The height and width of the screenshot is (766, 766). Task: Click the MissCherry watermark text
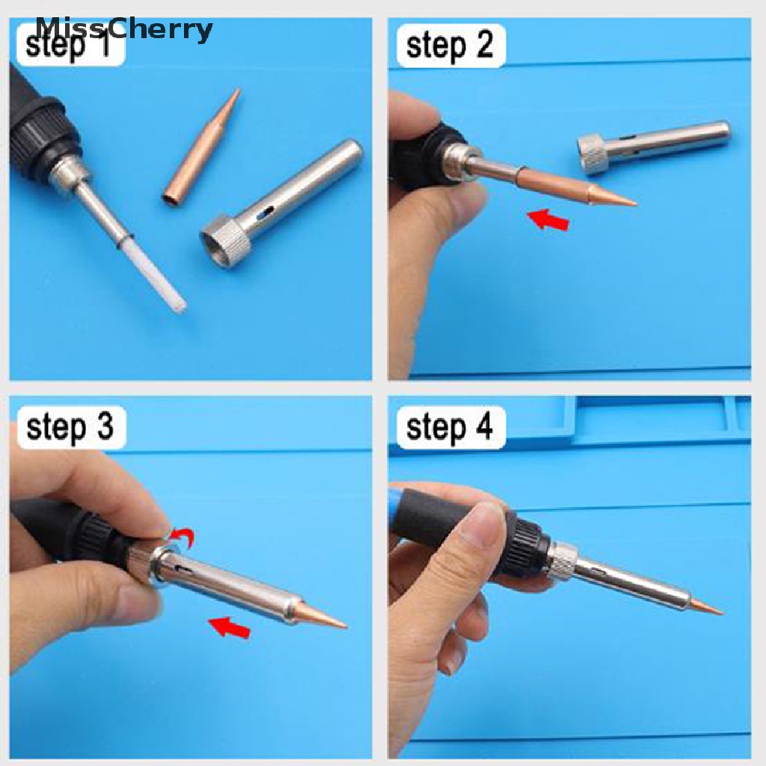coord(124,29)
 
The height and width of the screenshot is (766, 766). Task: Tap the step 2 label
coord(450,46)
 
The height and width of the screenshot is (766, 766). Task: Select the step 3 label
coord(70,426)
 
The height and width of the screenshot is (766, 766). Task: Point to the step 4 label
coord(450,426)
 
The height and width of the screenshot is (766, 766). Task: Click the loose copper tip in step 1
coord(200,146)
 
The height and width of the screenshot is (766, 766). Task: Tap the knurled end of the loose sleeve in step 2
coord(593,154)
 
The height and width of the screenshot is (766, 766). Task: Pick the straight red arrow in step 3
coord(229,628)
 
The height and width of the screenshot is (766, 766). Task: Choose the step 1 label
coord(68,46)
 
